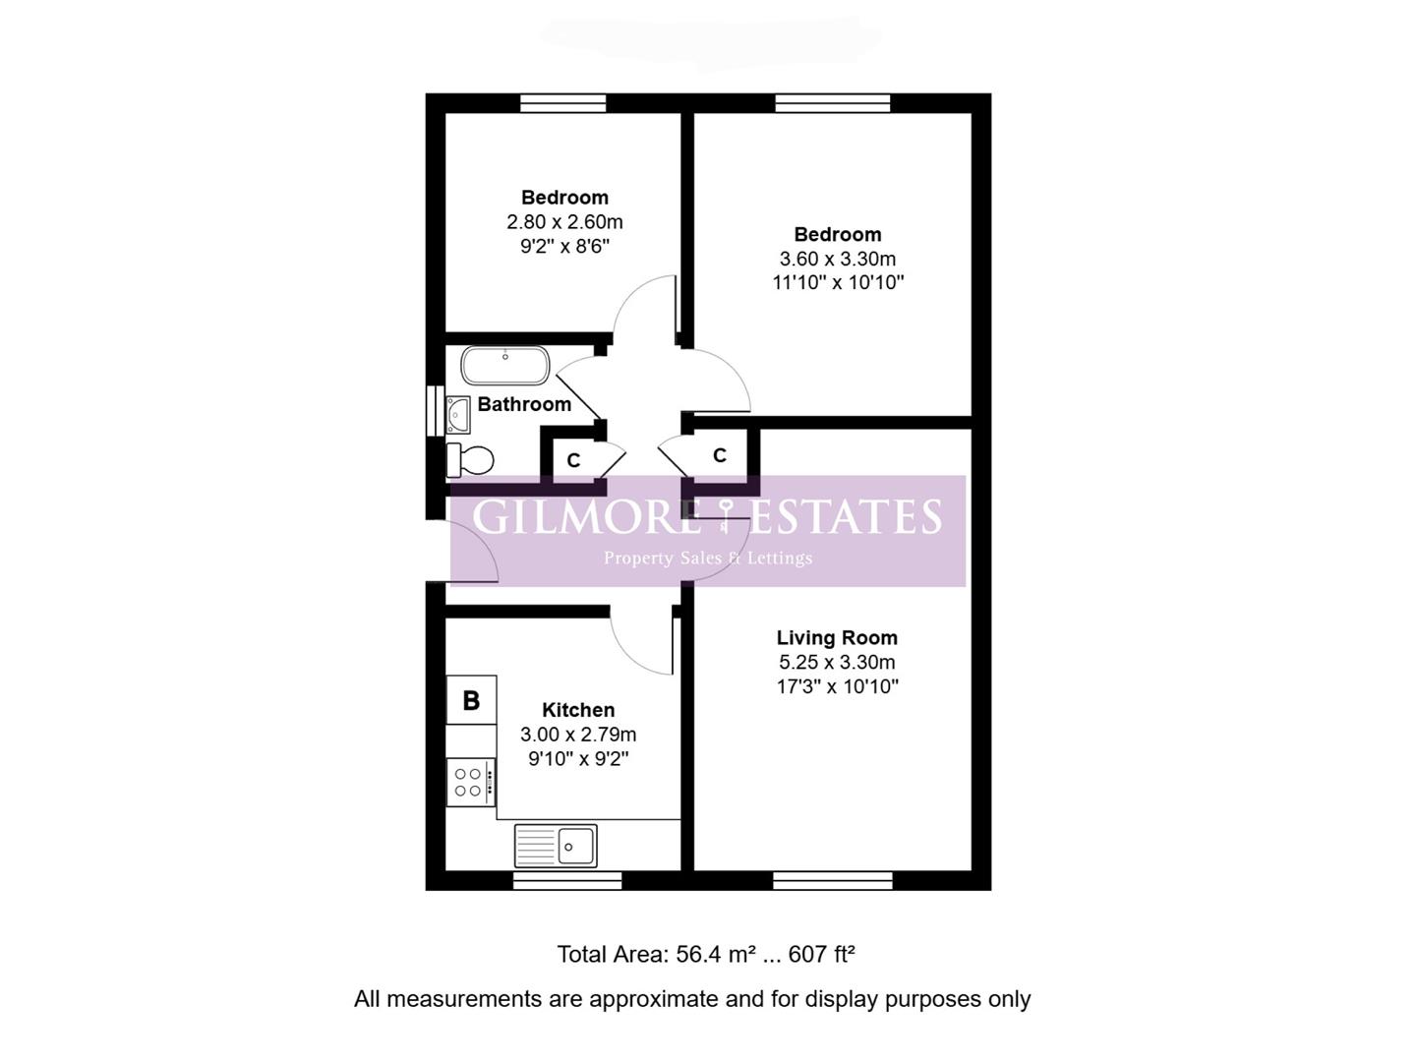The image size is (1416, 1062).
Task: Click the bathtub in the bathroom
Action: pyautogui.click(x=504, y=366)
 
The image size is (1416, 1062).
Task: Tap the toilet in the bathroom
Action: pyautogui.click(x=469, y=460)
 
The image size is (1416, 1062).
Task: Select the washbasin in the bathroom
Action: pyautogui.click(x=458, y=414)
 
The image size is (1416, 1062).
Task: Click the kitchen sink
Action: pyautogui.click(x=556, y=846)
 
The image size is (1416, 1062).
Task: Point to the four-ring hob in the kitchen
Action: pyautogui.click(x=471, y=782)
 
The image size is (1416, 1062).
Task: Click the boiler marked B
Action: pyautogui.click(x=472, y=699)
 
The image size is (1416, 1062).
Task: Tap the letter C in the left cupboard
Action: pyautogui.click(x=573, y=460)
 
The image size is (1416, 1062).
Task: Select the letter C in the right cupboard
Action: pyautogui.click(x=720, y=455)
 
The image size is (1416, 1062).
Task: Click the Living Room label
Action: pyautogui.click(x=837, y=638)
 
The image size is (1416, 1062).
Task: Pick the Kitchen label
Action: pyautogui.click(x=578, y=710)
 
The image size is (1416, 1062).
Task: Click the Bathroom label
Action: pyautogui.click(x=524, y=404)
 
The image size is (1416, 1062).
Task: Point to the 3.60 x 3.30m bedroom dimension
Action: pyautogui.click(x=838, y=259)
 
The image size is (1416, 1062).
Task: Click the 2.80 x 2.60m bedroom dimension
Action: pyautogui.click(x=564, y=222)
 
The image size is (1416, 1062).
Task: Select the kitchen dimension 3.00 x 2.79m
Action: pyautogui.click(x=578, y=735)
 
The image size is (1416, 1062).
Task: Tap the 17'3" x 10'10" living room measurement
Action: pyautogui.click(x=838, y=686)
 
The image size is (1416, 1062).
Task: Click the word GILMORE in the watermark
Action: pyautogui.click(x=586, y=516)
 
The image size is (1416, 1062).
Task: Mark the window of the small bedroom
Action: pyautogui.click(x=563, y=103)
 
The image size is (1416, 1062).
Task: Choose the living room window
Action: pyautogui.click(x=832, y=881)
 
